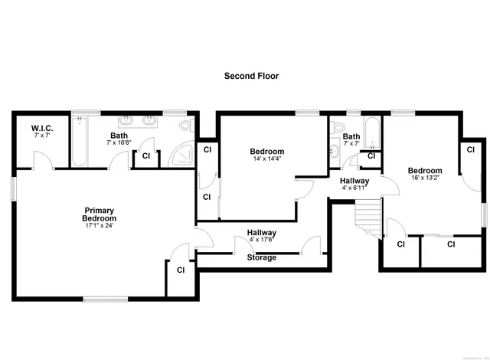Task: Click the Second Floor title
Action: coord(251,76)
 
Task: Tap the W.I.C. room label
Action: coord(41,128)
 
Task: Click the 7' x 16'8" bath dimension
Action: coord(123,142)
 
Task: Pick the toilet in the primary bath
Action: coord(186,124)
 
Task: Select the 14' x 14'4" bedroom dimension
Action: coord(266,159)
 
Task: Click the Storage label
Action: coord(261,257)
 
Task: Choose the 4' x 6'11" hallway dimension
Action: coord(354,188)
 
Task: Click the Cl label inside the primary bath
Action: coord(145,156)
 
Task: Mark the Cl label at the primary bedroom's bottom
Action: coord(181,270)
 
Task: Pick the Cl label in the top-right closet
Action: coord(470,149)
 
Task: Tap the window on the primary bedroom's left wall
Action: coord(13,188)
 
